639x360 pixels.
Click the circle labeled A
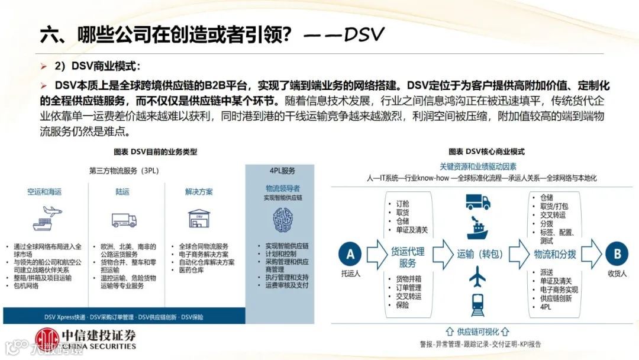pyautogui.click(x=350, y=254)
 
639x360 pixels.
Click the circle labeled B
pyautogui.click(x=617, y=254)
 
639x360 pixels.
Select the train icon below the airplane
pyautogui.click(x=477, y=304)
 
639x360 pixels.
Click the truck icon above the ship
pyautogui.click(x=477, y=202)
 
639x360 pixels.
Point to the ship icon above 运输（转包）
pyautogui.click(x=477, y=228)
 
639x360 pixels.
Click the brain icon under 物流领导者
pyautogui.click(x=282, y=220)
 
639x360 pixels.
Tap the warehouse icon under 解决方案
pyautogui.click(x=199, y=218)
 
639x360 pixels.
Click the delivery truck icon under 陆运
pyautogui.click(x=124, y=220)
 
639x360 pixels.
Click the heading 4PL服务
pyautogui.click(x=282, y=171)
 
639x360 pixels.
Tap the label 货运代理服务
pyautogui.click(x=408, y=256)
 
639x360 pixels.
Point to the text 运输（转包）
pyautogui.click(x=479, y=254)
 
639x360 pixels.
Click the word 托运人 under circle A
pyautogui.click(x=350, y=274)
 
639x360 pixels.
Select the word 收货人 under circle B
pyautogui.click(x=617, y=274)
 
